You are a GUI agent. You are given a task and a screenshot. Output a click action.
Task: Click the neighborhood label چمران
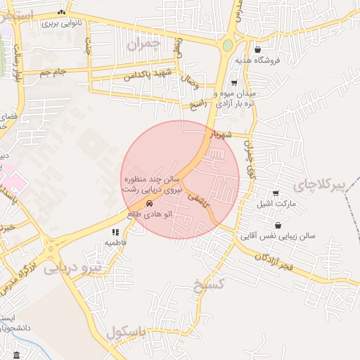tap(145, 44)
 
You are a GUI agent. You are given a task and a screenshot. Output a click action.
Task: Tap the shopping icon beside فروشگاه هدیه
tap(259, 50)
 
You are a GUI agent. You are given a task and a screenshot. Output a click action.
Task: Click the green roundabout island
tap(228, 46)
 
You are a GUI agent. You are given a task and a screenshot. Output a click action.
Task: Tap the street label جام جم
tap(53, 72)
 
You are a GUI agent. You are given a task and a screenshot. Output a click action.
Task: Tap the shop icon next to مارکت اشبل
tap(276, 193)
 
